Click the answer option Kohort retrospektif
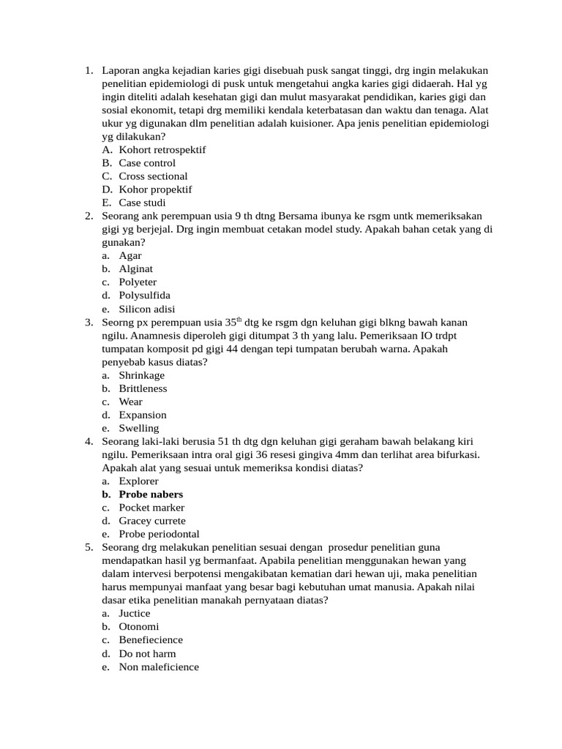click(x=162, y=150)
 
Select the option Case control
click(x=147, y=163)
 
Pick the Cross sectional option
click(x=153, y=176)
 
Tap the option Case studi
click(x=142, y=203)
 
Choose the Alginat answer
click(x=136, y=269)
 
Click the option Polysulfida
click(x=144, y=296)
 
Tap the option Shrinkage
click(x=142, y=375)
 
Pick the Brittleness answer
click(x=143, y=388)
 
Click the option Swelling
click(x=138, y=429)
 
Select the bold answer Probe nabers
click(x=151, y=494)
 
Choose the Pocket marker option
click(x=151, y=508)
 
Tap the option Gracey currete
click(x=152, y=521)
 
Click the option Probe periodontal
click(x=159, y=535)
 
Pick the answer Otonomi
click(x=138, y=627)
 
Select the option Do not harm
click(x=147, y=654)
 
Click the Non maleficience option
click(x=159, y=667)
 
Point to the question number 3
click(x=89, y=323)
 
